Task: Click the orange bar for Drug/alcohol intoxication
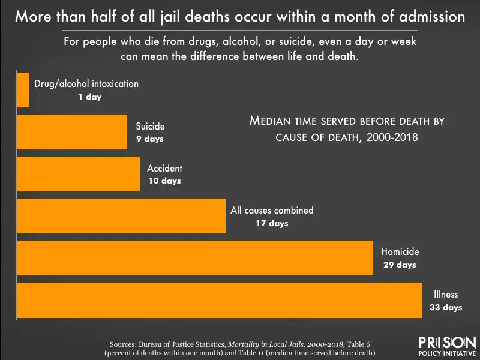[23, 90]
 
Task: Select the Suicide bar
[71, 132]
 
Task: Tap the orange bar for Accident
[78, 174]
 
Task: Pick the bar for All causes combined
[121, 216]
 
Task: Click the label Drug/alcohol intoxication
[86, 84]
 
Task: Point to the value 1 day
[89, 97]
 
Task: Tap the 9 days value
[149, 139]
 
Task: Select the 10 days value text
[164, 181]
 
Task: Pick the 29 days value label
[399, 265]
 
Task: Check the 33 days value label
[446, 307]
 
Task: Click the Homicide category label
[400, 252]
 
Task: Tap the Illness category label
[446, 295]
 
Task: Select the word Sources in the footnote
[128, 344]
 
